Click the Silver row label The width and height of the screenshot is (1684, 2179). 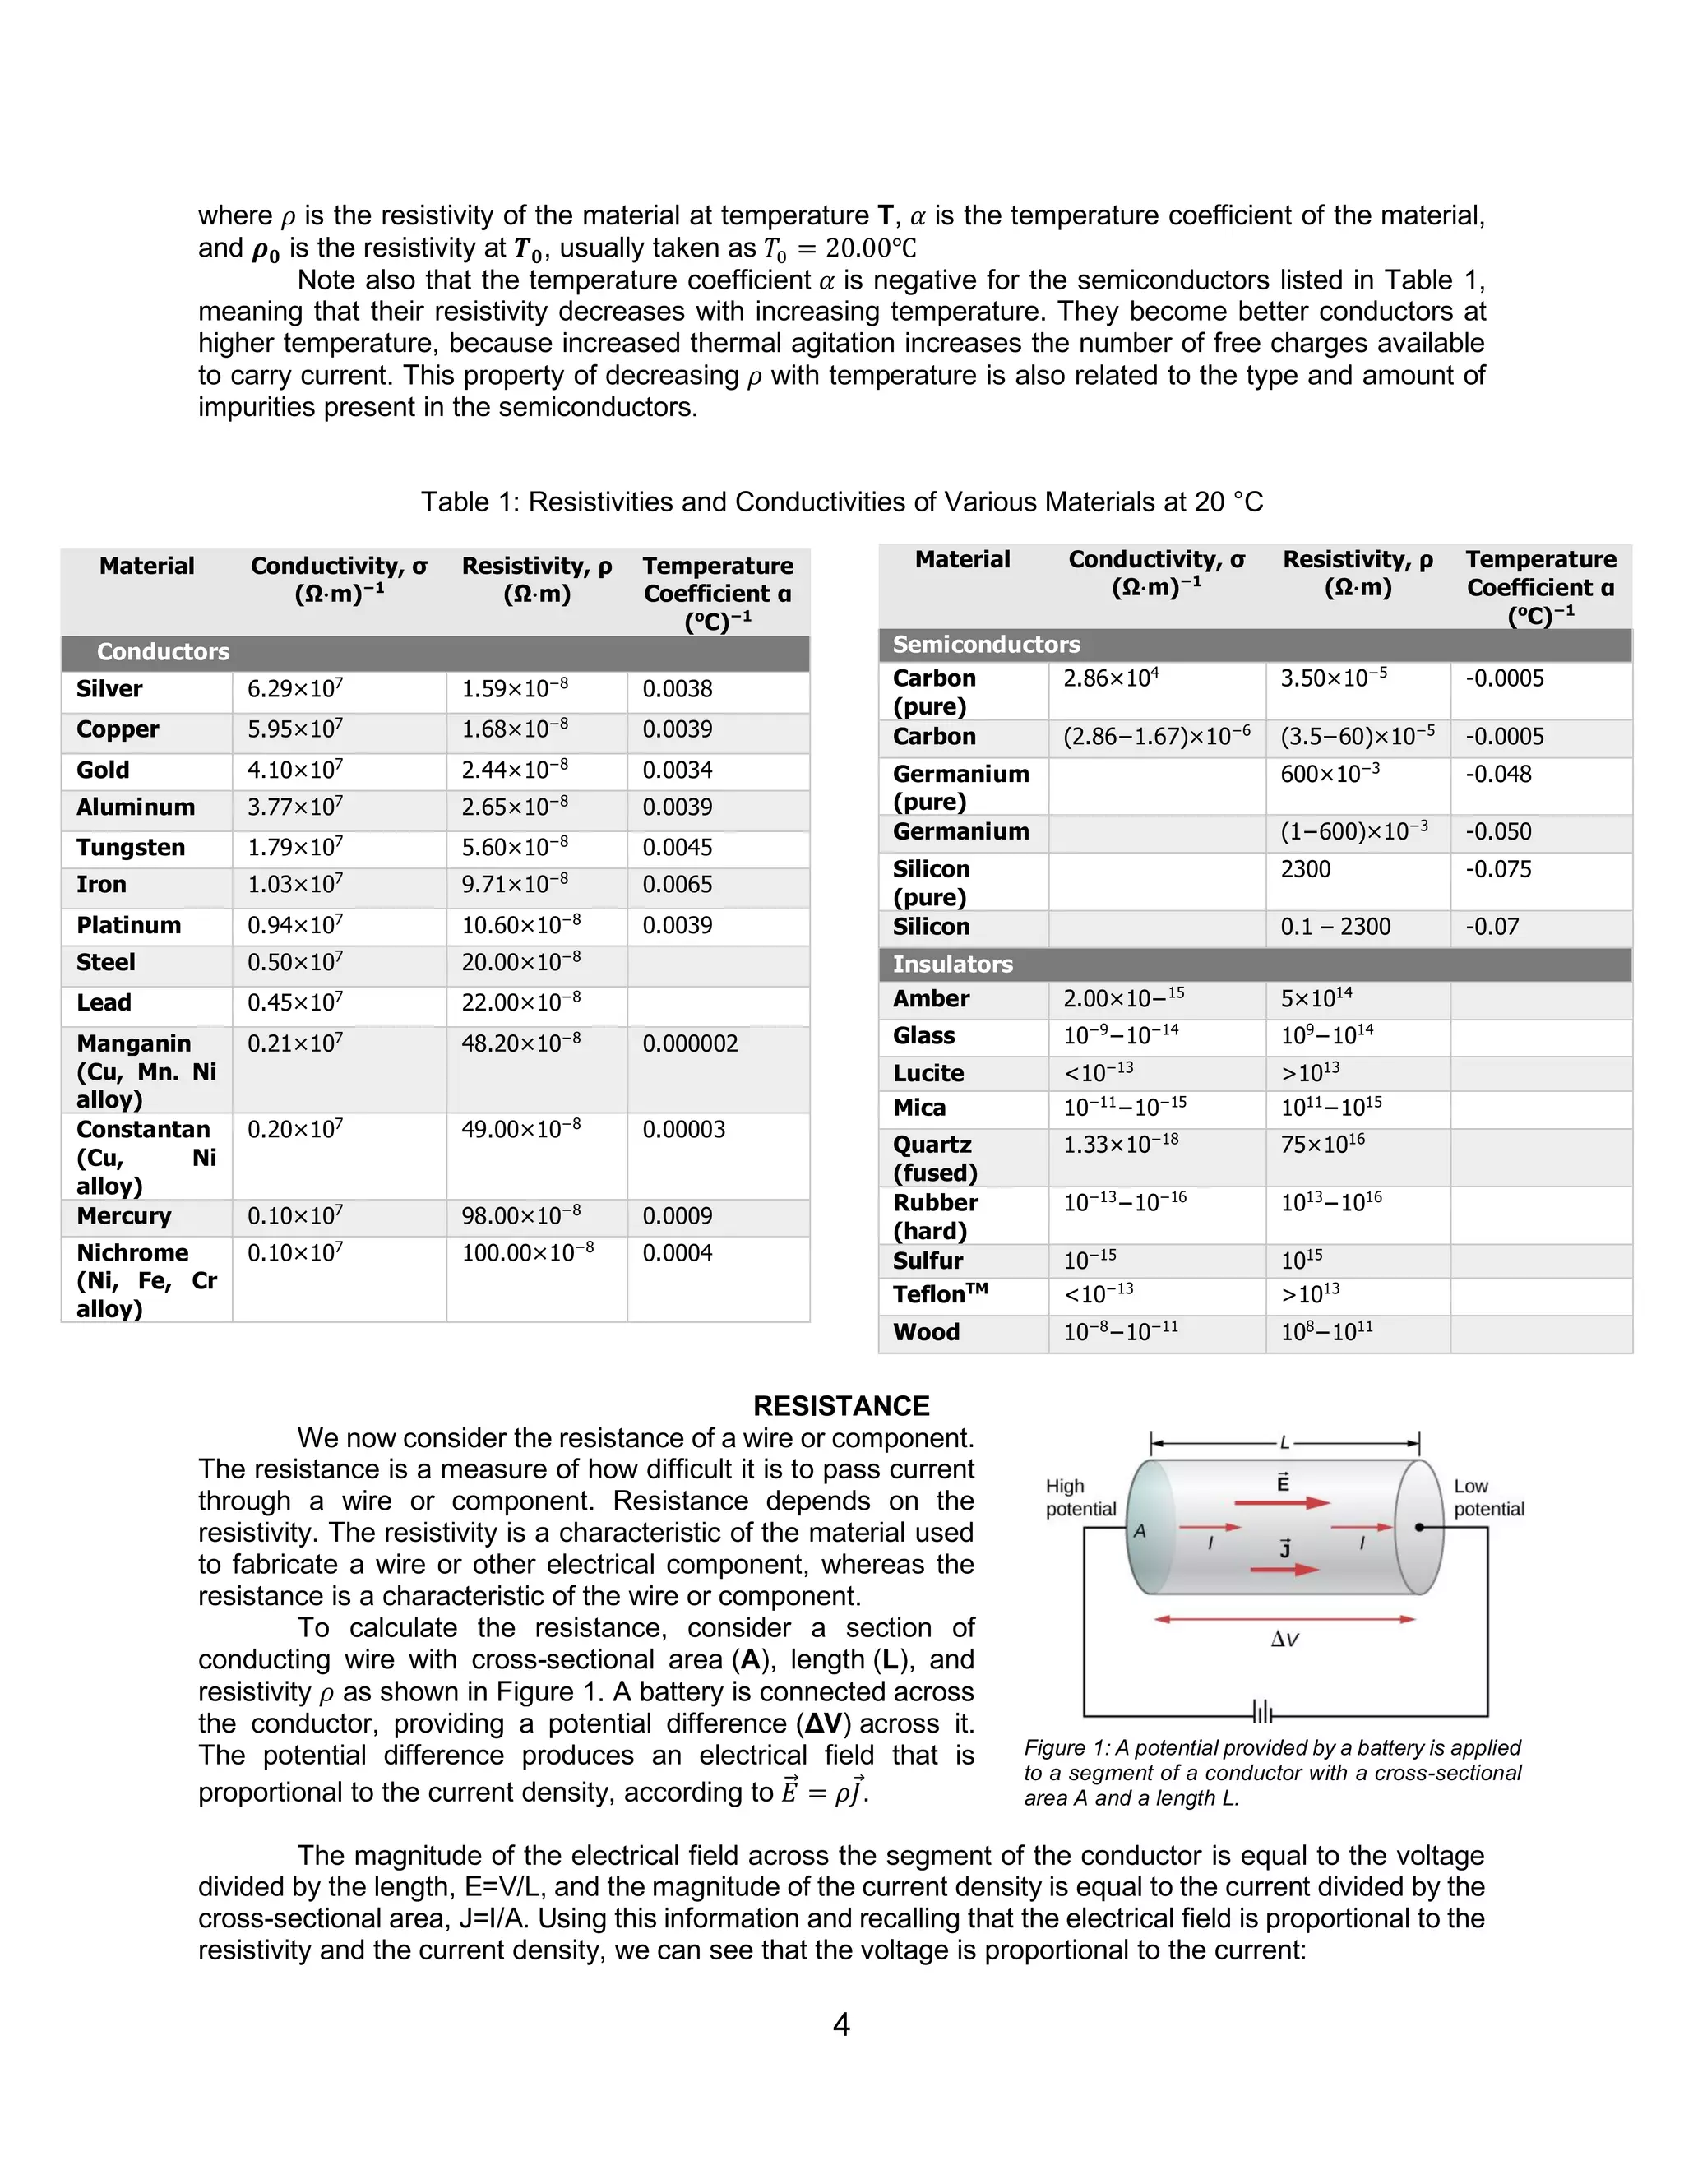[109, 689]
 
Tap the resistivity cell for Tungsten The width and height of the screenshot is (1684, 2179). [515, 847]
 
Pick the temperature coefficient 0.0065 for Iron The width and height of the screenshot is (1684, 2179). [678, 885]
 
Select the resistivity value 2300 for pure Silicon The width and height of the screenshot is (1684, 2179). [1305, 869]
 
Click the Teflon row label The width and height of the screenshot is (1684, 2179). [939, 1295]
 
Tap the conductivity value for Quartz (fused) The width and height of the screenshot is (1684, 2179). [1121, 1145]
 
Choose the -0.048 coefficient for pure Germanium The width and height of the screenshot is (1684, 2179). [1497, 775]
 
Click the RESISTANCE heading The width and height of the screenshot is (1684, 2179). [841, 1406]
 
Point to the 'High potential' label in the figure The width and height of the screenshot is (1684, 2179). [1080, 1497]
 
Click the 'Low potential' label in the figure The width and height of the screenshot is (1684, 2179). [1488, 1497]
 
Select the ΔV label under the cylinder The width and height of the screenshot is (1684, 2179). [1285, 1640]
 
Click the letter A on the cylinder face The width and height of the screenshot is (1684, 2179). [1140, 1530]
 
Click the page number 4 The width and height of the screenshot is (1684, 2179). [841, 2024]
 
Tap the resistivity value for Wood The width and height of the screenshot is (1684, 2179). [1327, 1332]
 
